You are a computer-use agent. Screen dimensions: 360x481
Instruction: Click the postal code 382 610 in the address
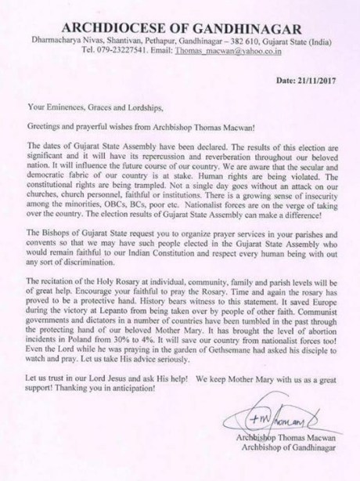(x=234, y=35)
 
